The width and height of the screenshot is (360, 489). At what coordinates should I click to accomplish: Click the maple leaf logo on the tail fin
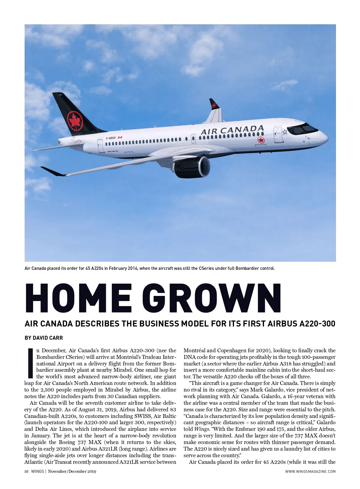click(75, 121)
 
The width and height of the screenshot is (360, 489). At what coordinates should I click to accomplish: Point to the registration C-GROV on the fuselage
click(111, 138)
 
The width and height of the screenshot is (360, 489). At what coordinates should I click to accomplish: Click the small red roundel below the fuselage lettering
click(261, 140)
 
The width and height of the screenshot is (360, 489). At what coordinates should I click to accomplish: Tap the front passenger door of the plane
click(278, 135)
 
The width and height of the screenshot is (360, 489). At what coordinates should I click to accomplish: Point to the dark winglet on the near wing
click(53, 171)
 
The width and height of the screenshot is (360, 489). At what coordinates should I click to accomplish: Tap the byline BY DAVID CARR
click(44, 338)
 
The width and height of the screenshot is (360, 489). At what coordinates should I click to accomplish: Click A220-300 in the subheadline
click(317, 324)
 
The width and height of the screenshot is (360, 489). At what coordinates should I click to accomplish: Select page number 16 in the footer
click(26, 471)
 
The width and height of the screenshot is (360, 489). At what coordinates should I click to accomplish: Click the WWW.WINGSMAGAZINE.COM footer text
click(310, 472)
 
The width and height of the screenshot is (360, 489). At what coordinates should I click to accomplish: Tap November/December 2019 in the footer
click(72, 471)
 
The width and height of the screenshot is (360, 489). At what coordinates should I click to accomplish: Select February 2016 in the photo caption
click(123, 268)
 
